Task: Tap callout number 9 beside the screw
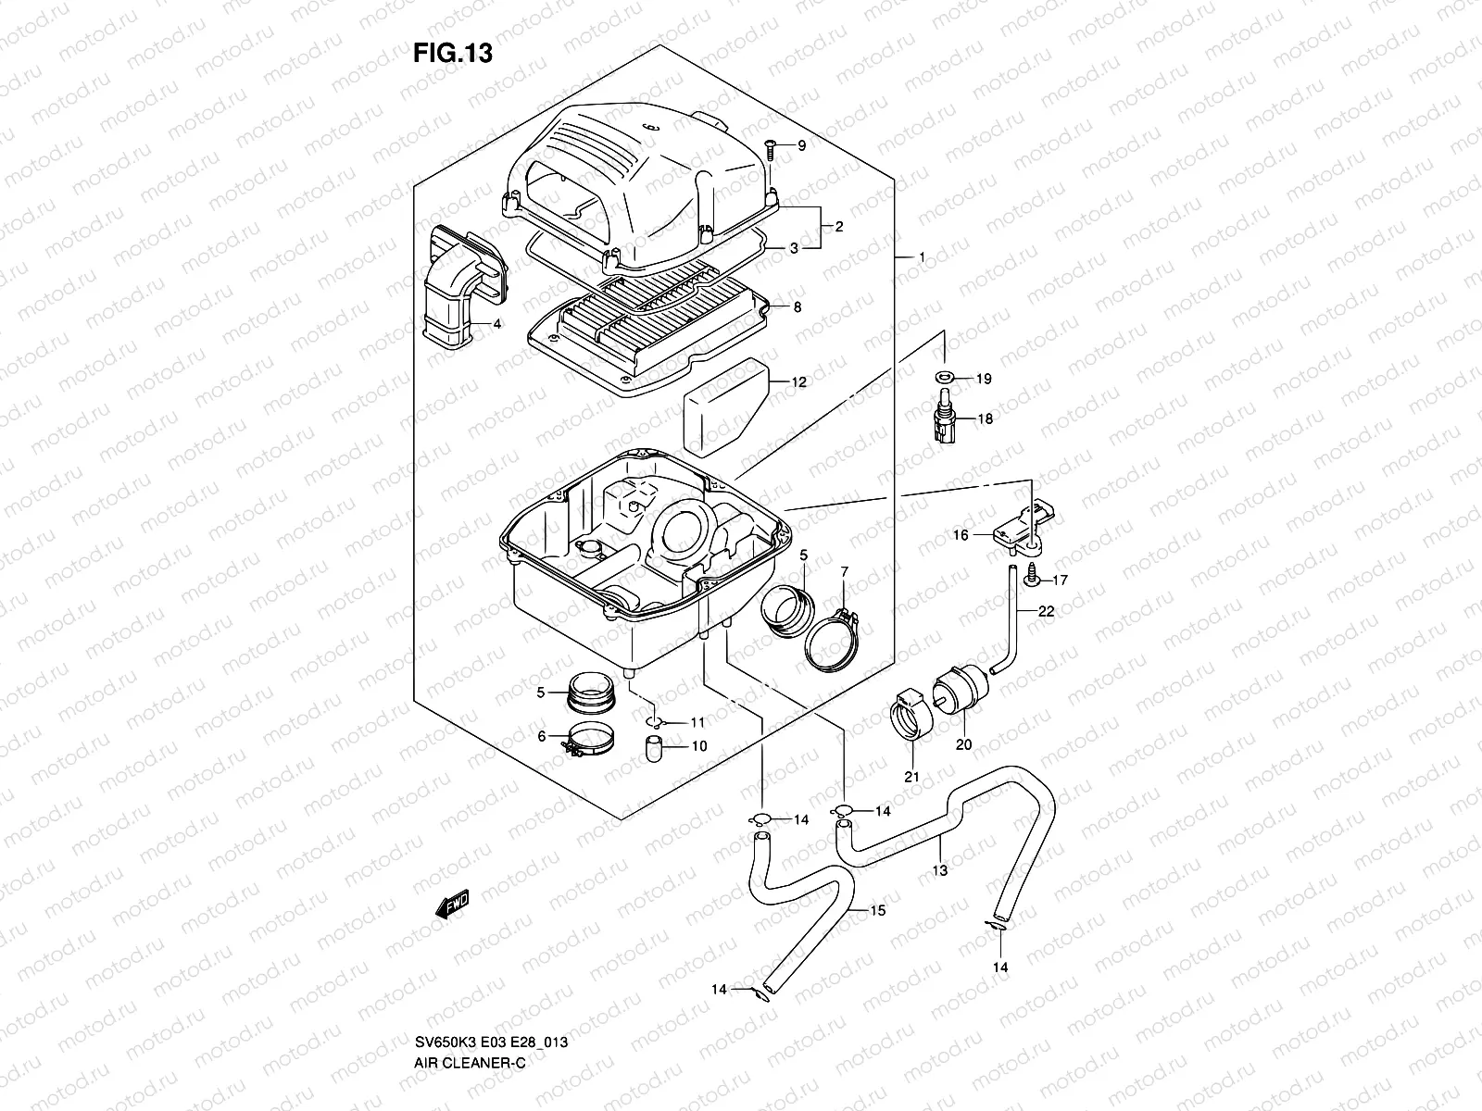(801, 146)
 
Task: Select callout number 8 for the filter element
(798, 307)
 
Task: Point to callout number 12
(798, 381)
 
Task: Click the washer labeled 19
(944, 378)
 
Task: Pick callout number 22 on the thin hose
(1046, 611)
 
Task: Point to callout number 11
(697, 722)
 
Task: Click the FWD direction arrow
(453, 904)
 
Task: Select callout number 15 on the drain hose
(877, 911)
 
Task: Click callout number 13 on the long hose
(940, 870)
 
